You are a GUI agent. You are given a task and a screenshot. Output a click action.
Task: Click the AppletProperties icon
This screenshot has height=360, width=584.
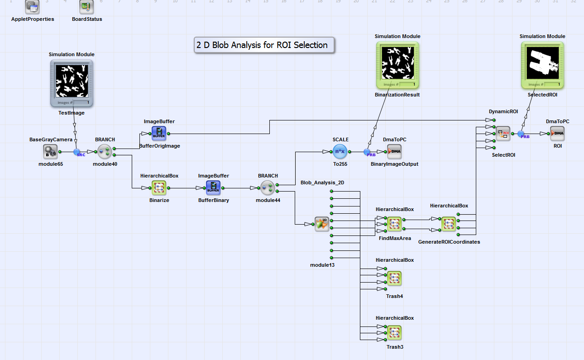coord(32,6)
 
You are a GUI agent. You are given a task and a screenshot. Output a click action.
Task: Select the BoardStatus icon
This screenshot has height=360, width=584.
coord(86,6)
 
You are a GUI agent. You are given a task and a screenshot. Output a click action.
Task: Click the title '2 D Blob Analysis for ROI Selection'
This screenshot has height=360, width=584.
coord(264,45)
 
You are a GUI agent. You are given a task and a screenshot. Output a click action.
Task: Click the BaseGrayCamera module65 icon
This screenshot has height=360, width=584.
coord(50,152)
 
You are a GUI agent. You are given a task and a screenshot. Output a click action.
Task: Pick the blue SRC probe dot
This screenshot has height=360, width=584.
coord(77,152)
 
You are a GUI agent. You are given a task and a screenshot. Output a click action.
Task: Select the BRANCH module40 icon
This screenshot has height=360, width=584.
coord(105,152)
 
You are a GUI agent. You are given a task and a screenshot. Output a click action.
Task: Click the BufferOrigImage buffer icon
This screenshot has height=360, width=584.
coord(159,134)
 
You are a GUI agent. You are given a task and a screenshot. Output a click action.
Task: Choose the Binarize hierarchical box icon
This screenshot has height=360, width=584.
coord(159,187)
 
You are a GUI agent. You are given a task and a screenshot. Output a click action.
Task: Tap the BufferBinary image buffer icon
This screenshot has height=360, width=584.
coord(213,187)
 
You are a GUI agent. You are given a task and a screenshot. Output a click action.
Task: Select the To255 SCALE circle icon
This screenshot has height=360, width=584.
coord(340,152)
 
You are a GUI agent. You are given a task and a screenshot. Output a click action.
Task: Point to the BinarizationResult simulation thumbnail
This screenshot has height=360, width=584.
coord(397,65)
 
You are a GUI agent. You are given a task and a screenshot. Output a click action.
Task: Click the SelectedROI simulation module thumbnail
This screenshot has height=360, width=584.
coord(542,65)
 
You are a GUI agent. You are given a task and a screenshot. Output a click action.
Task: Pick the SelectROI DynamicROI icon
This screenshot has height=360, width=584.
coord(503,134)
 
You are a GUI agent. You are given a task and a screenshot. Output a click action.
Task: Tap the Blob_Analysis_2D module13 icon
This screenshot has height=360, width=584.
coord(322,224)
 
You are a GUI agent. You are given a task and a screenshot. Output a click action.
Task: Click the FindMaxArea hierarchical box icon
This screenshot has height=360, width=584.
coord(394,224)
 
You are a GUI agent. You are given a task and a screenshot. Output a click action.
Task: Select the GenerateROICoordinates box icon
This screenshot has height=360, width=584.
coord(449,224)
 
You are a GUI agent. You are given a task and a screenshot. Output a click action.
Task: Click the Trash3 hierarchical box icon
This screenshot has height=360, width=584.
coord(394,333)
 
